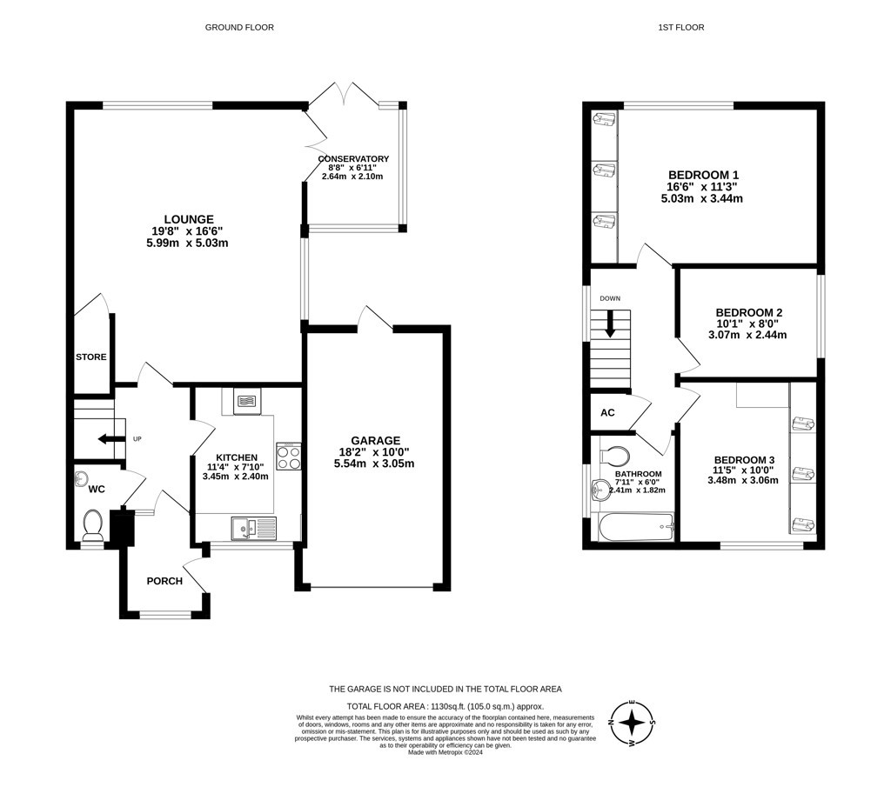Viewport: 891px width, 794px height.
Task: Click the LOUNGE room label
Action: [189, 219]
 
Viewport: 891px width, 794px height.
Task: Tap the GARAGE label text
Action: [376, 440]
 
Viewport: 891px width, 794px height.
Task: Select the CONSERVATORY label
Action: [353, 159]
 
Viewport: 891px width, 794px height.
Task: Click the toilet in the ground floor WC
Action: [92, 524]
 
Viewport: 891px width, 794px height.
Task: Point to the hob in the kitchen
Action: [289, 457]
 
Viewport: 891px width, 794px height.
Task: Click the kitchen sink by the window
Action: [254, 528]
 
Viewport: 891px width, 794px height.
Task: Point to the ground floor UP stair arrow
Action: [111, 438]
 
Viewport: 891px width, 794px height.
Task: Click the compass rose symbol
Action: [632, 723]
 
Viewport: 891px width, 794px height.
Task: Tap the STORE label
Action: [91, 357]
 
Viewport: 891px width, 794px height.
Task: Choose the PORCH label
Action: [164, 581]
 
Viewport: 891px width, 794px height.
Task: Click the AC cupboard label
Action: [607, 412]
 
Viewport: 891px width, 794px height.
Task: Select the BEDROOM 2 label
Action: [749, 312]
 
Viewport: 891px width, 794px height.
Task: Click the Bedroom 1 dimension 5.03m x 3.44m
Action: [702, 199]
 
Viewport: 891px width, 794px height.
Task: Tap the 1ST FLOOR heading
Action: [681, 27]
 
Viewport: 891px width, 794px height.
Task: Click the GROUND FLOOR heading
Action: [239, 27]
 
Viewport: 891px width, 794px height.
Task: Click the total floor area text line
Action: [445, 706]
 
